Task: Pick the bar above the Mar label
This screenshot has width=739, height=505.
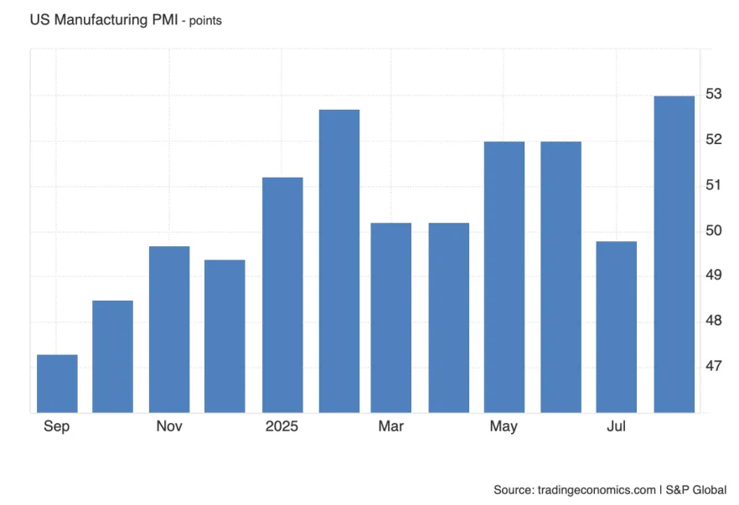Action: click(391, 317)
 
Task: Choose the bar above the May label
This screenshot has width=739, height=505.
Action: click(504, 277)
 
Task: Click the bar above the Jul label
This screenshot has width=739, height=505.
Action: click(617, 327)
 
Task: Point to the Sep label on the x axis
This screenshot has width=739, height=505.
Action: click(57, 426)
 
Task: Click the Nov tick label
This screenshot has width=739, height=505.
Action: click(169, 426)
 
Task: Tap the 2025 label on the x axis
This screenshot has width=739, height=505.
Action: click(282, 426)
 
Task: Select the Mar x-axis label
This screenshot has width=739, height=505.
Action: click(391, 426)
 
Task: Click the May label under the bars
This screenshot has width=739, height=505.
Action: click(504, 426)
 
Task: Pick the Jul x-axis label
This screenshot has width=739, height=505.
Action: click(617, 426)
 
